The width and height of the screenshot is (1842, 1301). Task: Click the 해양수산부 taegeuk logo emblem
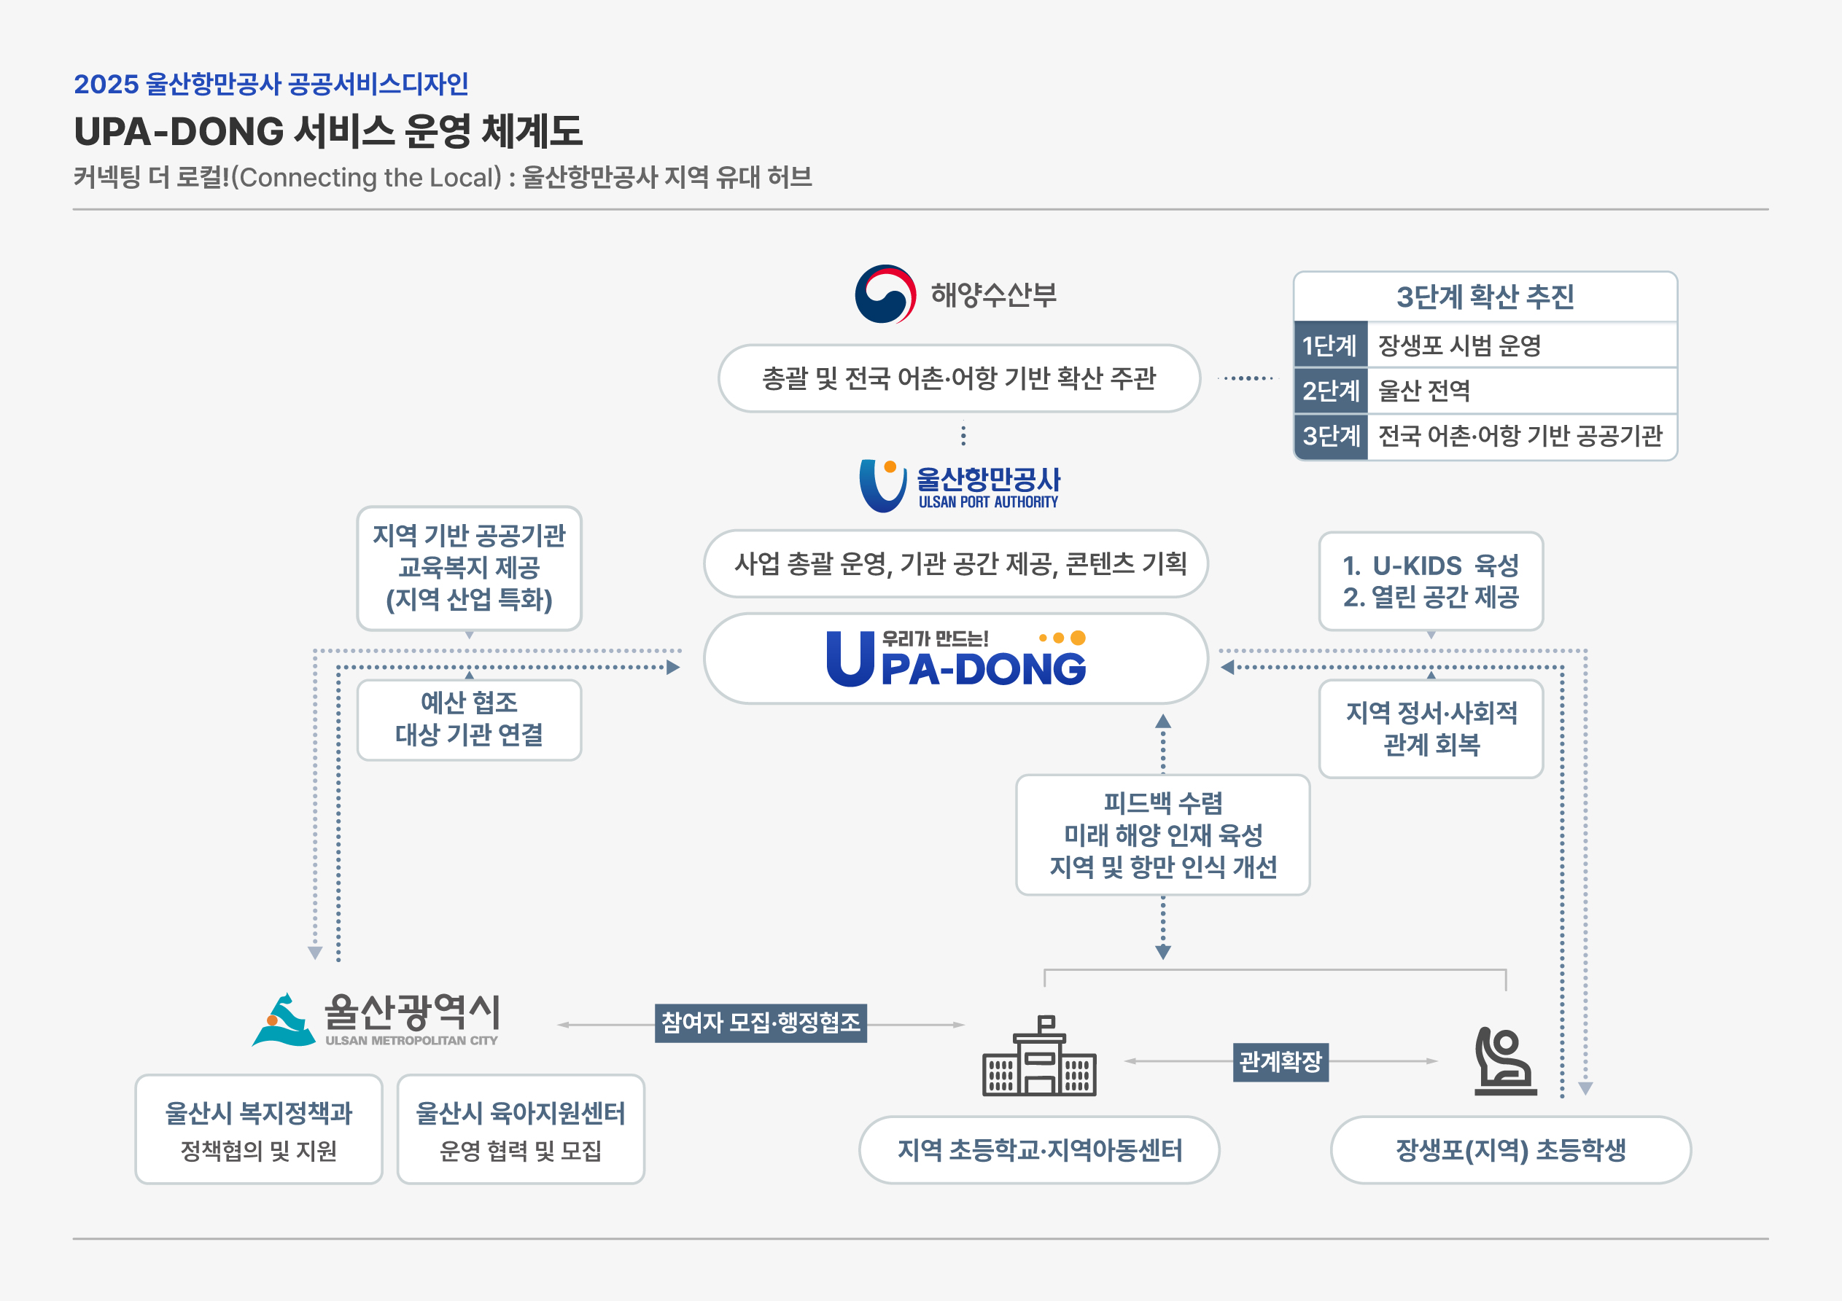885,294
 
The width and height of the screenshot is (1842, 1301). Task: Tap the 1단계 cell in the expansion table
1330,345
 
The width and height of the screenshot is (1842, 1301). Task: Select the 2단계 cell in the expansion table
1330,391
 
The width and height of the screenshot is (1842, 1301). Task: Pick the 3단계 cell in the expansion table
1330,436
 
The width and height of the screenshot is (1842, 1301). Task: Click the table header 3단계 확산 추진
1484,297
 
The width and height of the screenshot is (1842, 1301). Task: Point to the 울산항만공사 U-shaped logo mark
882,485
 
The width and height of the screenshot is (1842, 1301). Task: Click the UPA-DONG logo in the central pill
955,659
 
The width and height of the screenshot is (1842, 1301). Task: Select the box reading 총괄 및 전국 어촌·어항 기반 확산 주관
959,378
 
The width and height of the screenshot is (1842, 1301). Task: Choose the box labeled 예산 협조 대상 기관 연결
470,719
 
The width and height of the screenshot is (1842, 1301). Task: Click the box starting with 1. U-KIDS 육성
1431,581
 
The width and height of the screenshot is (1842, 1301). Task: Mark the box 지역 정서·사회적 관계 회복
1431,728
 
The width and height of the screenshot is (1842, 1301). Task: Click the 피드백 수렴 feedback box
1162,835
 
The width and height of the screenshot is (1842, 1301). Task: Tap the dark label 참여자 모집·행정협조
761,1023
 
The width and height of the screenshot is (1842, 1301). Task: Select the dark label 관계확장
1281,1061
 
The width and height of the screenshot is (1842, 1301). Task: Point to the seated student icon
1504,1060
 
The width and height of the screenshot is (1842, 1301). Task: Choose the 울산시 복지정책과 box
258,1128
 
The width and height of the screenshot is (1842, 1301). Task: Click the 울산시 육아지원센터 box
521,1128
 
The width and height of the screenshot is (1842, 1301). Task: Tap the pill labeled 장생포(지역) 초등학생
1510,1149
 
